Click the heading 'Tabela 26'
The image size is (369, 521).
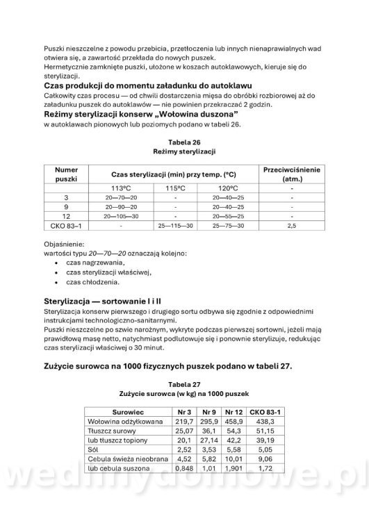pyautogui.click(x=185, y=140)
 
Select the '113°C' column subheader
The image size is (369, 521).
pyautogui.click(x=121, y=188)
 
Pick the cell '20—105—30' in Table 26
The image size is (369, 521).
pyautogui.click(x=121, y=215)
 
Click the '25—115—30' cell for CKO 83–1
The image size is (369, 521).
pyautogui.click(x=175, y=225)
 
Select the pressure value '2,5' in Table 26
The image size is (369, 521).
pyautogui.click(x=291, y=225)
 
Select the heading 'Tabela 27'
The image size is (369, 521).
pyautogui.click(x=185, y=383)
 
